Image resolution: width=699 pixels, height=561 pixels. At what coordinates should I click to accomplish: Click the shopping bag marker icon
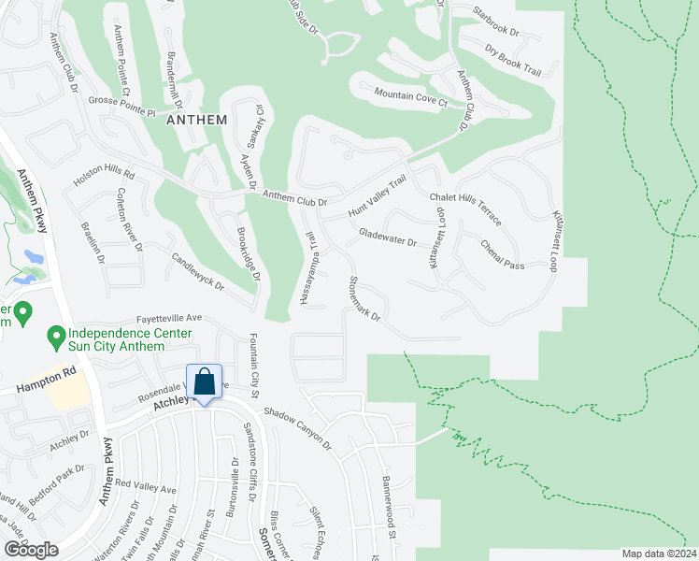pyautogui.click(x=205, y=382)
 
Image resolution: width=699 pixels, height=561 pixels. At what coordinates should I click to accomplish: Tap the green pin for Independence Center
pyautogui.click(x=55, y=334)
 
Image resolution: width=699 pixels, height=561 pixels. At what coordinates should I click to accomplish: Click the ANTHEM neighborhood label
pyautogui.click(x=196, y=120)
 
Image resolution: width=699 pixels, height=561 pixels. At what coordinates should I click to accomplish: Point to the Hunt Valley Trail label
pyautogui.click(x=378, y=197)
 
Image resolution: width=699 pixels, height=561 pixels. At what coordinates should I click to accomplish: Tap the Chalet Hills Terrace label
pyautogui.click(x=465, y=209)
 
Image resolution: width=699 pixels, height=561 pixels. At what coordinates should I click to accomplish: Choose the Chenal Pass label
pyautogui.click(x=503, y=253)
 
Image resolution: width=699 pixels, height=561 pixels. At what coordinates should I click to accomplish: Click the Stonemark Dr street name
pyautogui.click(x=364, y=298)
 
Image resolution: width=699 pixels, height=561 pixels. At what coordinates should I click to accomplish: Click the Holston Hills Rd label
pyautogui.click(x=105, y=175)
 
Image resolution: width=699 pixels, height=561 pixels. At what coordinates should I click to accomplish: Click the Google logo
pyautogui.click(x=31, y=550)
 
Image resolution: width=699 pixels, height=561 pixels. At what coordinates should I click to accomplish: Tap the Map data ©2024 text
pyautogui.click(x=659, y=554)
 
